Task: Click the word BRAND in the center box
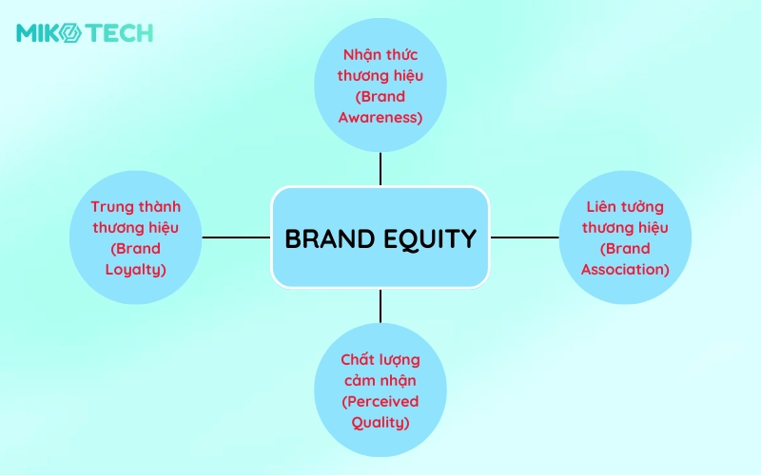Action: [x=329, y=238]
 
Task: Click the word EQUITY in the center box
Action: [x=430, y=239]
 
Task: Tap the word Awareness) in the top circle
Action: [x=380, y=118]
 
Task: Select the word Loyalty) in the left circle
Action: [x=136, y=270]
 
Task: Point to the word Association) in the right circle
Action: [x=625, y=270]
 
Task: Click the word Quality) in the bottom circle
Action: [x=380, y=423]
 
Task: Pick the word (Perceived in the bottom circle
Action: [x=380, y=402]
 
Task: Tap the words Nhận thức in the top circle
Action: [x=380, y=55]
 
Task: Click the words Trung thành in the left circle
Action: [x=136, y=207]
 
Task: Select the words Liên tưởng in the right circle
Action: [x=625, y=207]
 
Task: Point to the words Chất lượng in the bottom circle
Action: [x=380, y=360]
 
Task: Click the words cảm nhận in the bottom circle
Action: [x=380, y=381]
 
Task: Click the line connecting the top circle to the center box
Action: [x=380, y=169]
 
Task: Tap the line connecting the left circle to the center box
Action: [x=236, y=237]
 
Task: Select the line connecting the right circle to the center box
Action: [x=525, y=237]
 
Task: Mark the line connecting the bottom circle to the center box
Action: [x=380, y=306]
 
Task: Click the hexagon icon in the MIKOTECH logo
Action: [x=72, y=33]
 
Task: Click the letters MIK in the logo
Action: [x=39, y=33]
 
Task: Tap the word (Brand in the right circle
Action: [x=625, y=249]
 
